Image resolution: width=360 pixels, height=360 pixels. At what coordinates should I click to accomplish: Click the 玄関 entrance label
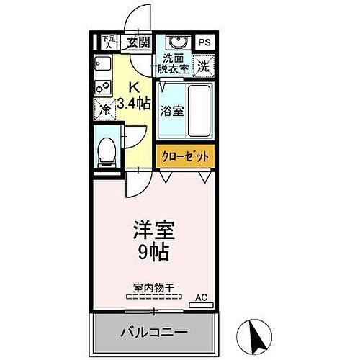pyautogui.click(x=139, y=42)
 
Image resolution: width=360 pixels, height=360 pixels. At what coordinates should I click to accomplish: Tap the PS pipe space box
pyautogui.click(x=205, y=42)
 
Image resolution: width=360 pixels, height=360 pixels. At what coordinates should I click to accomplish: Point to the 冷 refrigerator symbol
pyautogui.click(x=105, y=112)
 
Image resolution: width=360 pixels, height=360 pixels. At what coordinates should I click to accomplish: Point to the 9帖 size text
pyautogui.click(x=153, y=253)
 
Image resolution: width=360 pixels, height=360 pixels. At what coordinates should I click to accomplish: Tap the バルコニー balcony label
pyautogui.click(x=153, y=333)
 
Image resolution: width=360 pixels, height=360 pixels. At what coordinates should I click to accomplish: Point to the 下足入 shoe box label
pyautogui.click(x=107, y=41)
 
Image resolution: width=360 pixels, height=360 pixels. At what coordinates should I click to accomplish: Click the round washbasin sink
pyautogui.click(x=175, y=42)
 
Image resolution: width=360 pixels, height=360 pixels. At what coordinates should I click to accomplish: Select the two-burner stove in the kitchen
pyautogui.click(x=102, y=88)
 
